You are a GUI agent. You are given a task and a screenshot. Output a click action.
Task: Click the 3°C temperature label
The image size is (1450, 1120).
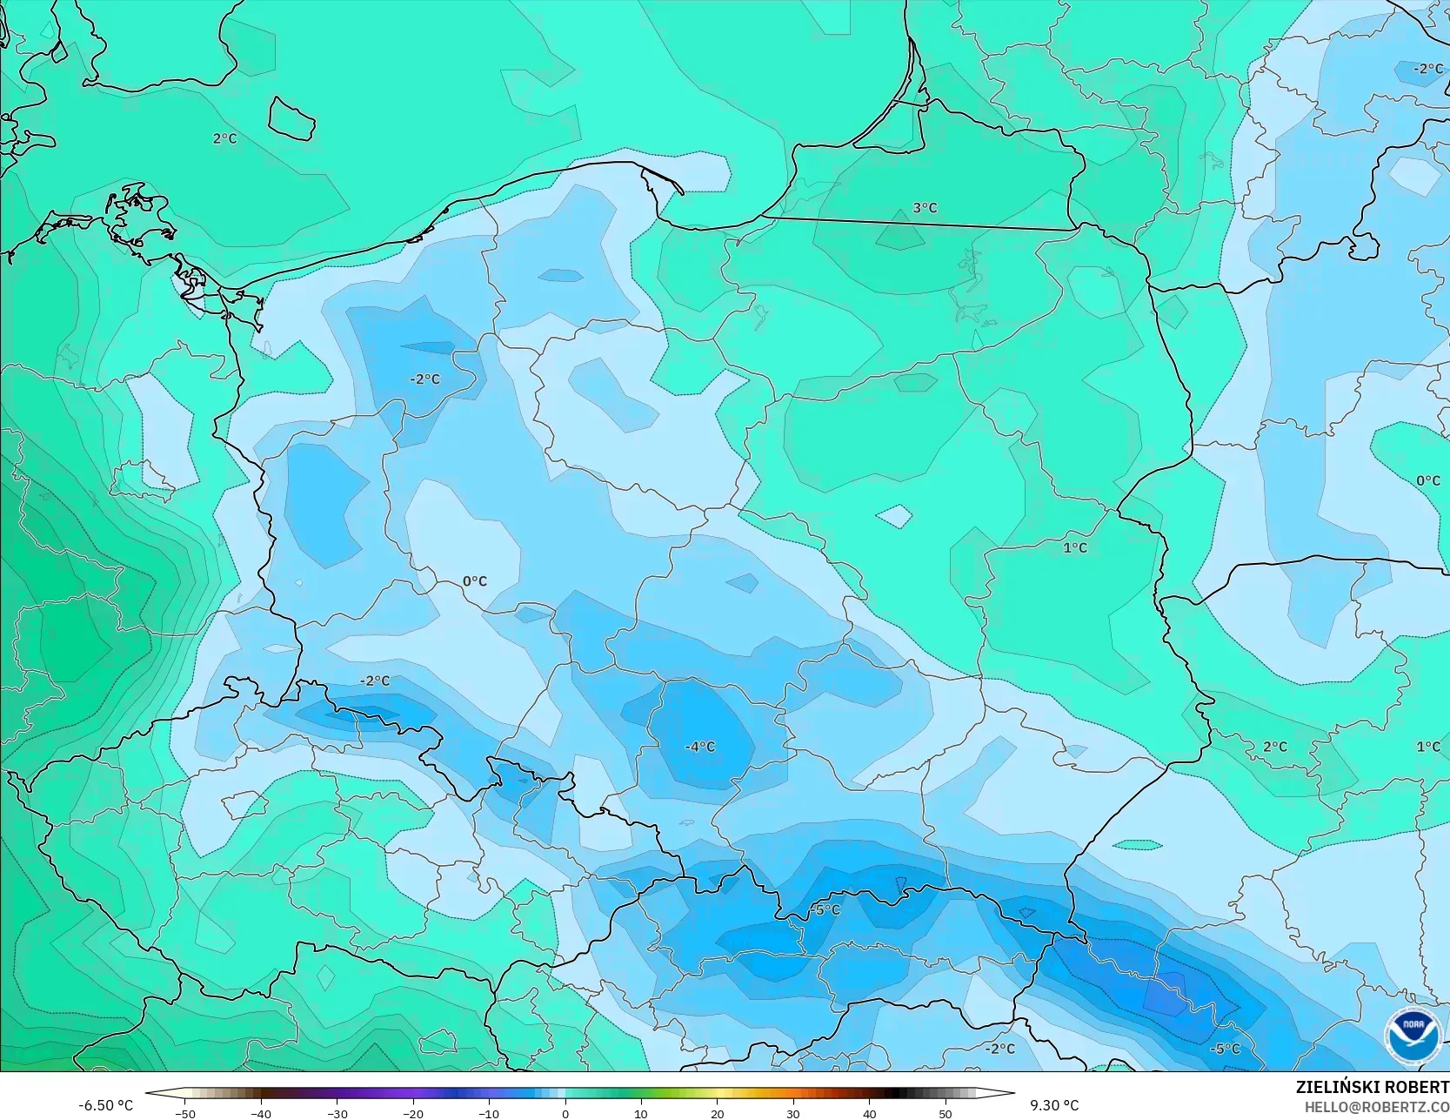(925, 208)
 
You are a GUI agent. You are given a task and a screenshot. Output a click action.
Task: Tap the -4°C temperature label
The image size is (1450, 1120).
(700, 747)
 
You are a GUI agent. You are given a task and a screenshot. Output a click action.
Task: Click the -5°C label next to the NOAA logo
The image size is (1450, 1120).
(1225, 1049)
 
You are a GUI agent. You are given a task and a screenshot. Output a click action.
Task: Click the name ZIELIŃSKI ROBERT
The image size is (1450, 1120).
(1372, 1087)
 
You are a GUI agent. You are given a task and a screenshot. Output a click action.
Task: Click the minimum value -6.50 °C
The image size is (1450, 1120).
(106, 1105)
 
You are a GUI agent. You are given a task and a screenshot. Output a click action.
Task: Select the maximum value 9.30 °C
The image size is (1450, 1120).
(1054, 1105)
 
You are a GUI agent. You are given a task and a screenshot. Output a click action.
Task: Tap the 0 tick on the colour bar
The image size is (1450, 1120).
(565, 1114)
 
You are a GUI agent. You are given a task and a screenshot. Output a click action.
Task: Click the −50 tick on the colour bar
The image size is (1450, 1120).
(184, 1114)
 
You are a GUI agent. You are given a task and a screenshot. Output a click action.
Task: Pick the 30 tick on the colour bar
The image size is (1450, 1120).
(793, 1114)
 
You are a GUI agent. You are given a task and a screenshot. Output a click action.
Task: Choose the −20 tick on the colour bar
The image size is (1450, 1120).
(413, 1114)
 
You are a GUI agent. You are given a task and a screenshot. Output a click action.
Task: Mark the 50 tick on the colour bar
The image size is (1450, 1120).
(946, 1114)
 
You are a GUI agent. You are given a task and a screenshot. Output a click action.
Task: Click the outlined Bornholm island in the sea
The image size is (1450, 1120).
(290, 118)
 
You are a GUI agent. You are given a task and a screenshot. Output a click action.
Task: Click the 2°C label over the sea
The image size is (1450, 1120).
(224, 138)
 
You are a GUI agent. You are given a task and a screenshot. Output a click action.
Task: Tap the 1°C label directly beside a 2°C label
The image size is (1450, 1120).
(1427, 747)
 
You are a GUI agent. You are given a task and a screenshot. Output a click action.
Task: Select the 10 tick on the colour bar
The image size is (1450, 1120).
(641, 1114)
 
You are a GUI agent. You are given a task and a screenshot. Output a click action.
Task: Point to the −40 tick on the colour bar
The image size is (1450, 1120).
(261, 1114)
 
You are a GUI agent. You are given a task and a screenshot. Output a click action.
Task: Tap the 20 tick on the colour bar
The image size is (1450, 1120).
(718, 1114)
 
